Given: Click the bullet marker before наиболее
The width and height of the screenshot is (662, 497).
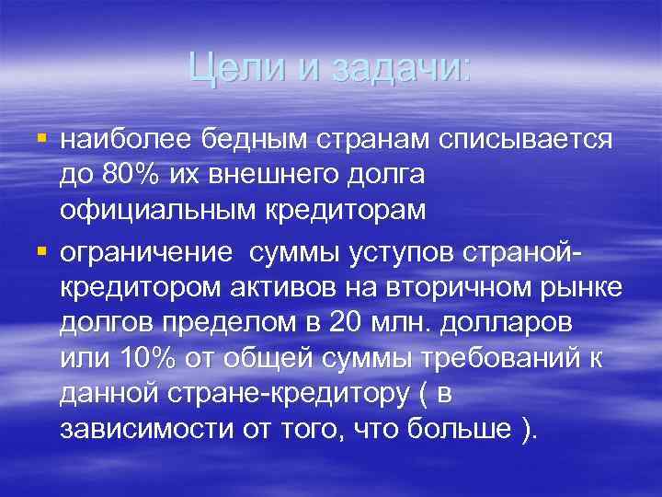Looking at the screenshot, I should tap(40, 138).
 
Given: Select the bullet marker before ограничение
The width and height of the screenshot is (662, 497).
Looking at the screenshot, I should tap(40, 250).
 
